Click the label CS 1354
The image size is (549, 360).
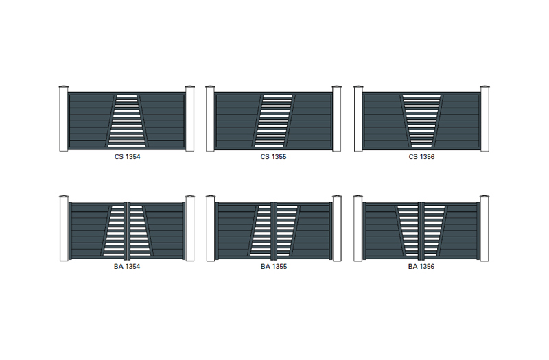pos(127,157)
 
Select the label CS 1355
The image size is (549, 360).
pos(273,157)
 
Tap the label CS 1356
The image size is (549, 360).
pos(421,157)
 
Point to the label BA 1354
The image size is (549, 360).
pos(127,266)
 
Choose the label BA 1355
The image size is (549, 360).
pos(274,266)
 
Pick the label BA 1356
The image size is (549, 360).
pos(421,266)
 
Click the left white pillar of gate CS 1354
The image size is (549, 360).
pos(64,119)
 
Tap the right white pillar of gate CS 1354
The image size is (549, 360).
pos(190,119)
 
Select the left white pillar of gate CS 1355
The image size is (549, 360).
pos(210,119)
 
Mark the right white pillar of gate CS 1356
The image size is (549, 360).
pos(485,119)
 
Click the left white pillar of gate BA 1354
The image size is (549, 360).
pos(64,228)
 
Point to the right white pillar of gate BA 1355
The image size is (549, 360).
pos(337,228)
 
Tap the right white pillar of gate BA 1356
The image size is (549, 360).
pos(484,228)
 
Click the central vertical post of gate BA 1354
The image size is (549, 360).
pos(127,230)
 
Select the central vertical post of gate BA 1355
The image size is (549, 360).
pos(274,230)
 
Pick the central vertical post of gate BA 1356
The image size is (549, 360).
pos(421,230)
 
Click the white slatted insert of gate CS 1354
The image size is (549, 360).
pos(127,121)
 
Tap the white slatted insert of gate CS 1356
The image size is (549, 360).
pos(421,121)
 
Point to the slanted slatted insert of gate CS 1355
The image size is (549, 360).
pos(273,121)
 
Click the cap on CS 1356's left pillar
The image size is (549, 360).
pos(358,86)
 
